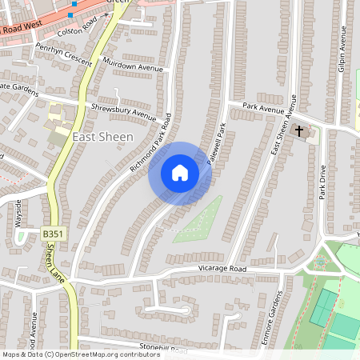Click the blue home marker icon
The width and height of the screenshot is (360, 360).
(x=180, y=173)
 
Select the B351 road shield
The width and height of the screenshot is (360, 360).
(x=51, y=233)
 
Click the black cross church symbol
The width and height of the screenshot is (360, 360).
(x=300, y=130)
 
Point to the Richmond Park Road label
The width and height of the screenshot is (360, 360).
(x=151, y=143)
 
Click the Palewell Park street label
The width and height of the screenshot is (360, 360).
(x=218, y=144)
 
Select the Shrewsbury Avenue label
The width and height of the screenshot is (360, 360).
(x=123, y=111)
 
